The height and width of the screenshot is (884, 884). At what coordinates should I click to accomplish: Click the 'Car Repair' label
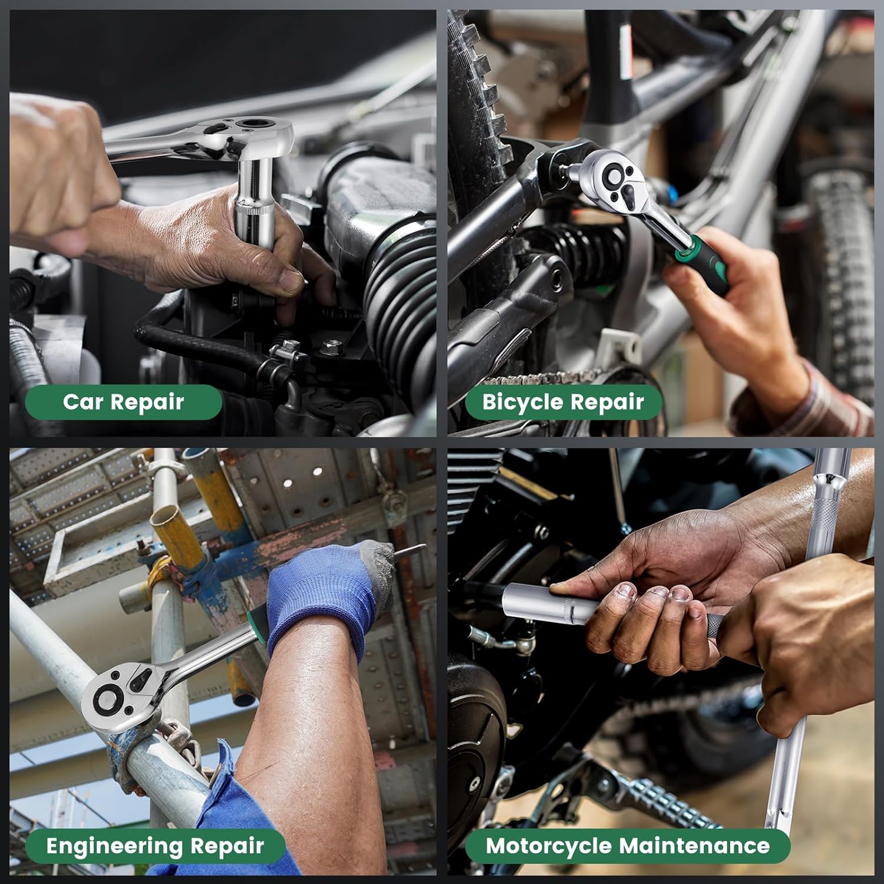point(123,402)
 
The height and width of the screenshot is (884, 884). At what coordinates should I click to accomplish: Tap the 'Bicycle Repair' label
point(563,402)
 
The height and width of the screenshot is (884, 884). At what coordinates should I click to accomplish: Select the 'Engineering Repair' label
point(155,846)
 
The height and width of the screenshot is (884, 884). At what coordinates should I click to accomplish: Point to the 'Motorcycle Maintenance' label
point(628,846)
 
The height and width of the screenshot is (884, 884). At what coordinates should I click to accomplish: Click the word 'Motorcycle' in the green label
point(549,846)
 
